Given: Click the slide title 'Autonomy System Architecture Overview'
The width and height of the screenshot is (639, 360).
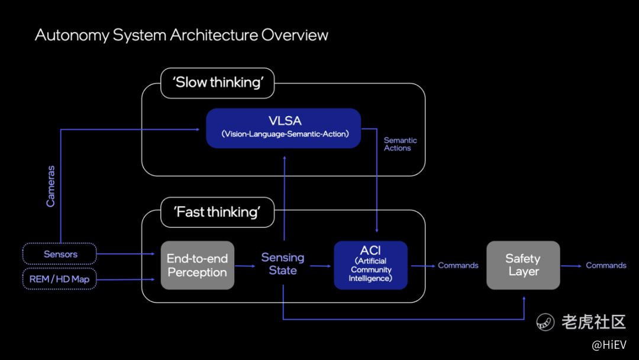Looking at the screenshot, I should pyautogui.click(x=181, y=35).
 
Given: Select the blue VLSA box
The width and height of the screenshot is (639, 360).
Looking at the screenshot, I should pyautogui.click(x=283, y=127).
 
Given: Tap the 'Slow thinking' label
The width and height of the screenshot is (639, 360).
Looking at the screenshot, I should pyautogui.click(x=217, y=82).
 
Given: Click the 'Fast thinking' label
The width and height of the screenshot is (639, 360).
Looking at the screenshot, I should pyautogui.click(x=217, y=212).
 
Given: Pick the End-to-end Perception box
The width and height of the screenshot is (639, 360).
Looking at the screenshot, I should pyautogui.click(x=197, y=265).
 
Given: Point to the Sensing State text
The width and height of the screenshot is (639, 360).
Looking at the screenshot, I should pyautogui.click(x=283, y=264).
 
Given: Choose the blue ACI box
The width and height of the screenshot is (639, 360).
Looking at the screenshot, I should pyautogui.click(x=370, y=265).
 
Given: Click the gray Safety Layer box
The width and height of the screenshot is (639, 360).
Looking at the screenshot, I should pyautogui.click(x=523, y=265).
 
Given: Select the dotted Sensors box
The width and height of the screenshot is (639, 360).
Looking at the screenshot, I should pyautogui.click(x=60, y=254).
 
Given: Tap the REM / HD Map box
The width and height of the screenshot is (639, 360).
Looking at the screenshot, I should pyautogui.click(x=60, y=279).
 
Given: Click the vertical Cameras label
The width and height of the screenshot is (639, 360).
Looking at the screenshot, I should pyautogui.click(x=51, y=186).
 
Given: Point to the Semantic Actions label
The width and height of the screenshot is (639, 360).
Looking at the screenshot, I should pyautogui.click(x=401, y=144).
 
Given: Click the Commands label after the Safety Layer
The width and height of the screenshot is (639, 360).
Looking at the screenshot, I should pyautogui.click(x=606, y=265).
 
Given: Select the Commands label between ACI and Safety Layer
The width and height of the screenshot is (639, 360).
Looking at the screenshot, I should pyautogui.click(x=458, y=265).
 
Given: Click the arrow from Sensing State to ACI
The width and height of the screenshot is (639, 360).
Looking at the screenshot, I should pyautogui.click(x=321, y=266).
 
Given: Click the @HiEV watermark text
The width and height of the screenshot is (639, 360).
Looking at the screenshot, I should pyautogui.click(x=609, y=345).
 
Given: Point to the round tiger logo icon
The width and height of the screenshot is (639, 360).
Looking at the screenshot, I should pyautogui.click(x=545, y=322).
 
